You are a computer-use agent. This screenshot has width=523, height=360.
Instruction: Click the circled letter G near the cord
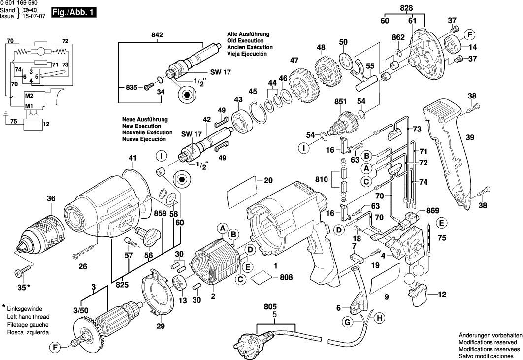point(347,323)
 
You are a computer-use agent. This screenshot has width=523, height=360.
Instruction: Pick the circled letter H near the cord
point(380,319)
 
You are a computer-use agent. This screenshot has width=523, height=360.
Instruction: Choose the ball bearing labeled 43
point(243,120)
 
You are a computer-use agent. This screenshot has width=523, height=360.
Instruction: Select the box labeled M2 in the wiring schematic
point(29,96)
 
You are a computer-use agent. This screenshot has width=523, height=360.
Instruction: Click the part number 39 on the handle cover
point(470,138)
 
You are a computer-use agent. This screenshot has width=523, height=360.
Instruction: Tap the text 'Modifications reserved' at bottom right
point(488,341)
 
